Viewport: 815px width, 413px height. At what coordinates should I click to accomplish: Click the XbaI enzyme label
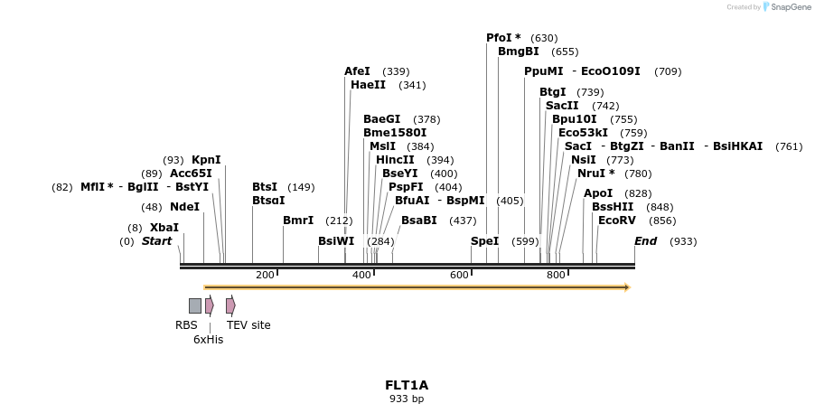click(164, 228)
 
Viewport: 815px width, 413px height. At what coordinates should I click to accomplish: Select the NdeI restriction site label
click(184, 207)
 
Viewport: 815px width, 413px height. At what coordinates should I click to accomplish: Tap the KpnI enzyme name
click(206, 160)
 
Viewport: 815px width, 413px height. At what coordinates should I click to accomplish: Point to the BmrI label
click(298, 221)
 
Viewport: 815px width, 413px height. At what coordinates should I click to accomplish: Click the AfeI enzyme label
click(357, 71)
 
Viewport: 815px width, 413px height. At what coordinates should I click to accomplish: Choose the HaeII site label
click(368, 85)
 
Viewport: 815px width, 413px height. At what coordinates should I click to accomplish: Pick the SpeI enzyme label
click(484, 241)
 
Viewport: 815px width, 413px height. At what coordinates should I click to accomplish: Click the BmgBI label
click(518, 52)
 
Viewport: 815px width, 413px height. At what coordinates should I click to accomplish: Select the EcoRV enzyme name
click(617, 221)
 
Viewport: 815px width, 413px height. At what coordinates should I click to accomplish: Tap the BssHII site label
click(613, 207)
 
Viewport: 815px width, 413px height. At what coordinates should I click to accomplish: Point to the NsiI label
click(583, 160)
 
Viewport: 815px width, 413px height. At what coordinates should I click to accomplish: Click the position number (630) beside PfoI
click(544, 38)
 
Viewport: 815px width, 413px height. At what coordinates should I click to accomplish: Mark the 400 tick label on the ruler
click(361, 275)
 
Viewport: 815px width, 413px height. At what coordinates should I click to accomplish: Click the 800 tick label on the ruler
click(556, 275)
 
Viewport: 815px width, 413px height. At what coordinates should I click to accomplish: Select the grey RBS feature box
click(195, 305)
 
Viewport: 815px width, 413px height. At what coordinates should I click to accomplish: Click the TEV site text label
click(248, 325)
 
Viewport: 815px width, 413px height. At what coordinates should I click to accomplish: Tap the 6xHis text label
click(208, 340)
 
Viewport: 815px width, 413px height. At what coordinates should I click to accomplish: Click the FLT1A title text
click(407, 385)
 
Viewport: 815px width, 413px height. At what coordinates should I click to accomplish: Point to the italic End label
click(645, 241)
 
